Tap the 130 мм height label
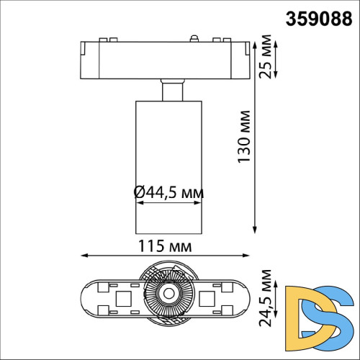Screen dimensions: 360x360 coord(244,137)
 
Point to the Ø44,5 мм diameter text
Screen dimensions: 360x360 coord(168,193)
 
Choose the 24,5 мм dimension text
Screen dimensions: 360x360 coord(267,296)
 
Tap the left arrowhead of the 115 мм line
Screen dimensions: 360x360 coord(83,255)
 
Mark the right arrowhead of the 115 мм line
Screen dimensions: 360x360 coord(253,255)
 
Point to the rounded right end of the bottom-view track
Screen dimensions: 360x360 coord(249,295)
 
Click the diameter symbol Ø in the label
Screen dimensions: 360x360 coord(140,193)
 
